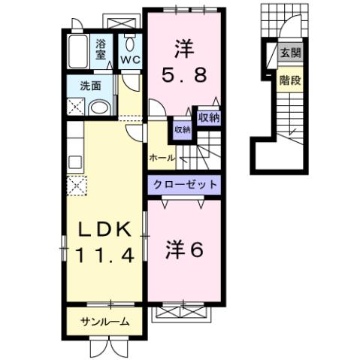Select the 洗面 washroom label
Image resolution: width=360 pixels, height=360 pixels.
click(92, 86)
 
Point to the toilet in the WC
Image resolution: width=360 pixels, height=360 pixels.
click(129, 43)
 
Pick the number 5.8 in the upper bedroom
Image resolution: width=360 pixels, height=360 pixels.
click(184, 75)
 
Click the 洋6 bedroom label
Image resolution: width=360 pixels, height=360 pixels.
click(184, 250)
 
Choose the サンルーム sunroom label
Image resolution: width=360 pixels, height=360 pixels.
click(104, 322)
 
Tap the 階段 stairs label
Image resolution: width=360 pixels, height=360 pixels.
click(289, 80)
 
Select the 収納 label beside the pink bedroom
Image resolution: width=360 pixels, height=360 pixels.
click(208, 116)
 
